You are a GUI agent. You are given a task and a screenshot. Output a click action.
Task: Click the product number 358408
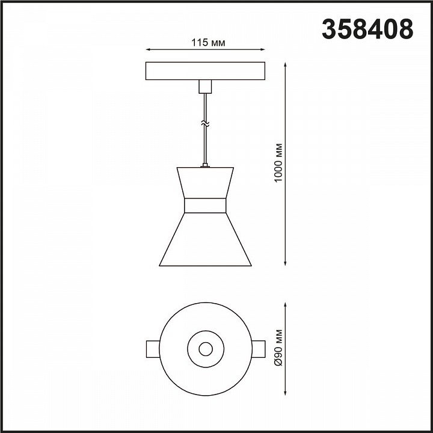click(x=367, y=28)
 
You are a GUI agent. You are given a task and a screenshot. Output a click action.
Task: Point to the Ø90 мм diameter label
click(x=278, y=349)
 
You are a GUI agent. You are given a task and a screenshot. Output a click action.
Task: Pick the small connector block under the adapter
click(x=205, y=87)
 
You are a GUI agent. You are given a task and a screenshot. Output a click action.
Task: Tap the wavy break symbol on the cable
click(x=205, y=124)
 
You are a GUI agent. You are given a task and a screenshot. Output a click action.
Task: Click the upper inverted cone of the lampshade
click(x=205, y=182)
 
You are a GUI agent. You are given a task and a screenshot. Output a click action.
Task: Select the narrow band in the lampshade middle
click(x=205, y=206)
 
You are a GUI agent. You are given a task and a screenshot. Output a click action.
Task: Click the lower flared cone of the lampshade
click(x=205, y=241)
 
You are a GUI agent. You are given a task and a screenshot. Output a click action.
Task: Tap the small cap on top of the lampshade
click(x=205, y=165)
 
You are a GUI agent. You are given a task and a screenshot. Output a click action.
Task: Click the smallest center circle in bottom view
click(x=205, y=348)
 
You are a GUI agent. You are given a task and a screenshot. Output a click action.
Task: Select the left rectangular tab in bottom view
click(x=153, y=349)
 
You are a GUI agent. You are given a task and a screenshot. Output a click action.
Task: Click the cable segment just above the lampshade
click(x=205, y=150)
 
